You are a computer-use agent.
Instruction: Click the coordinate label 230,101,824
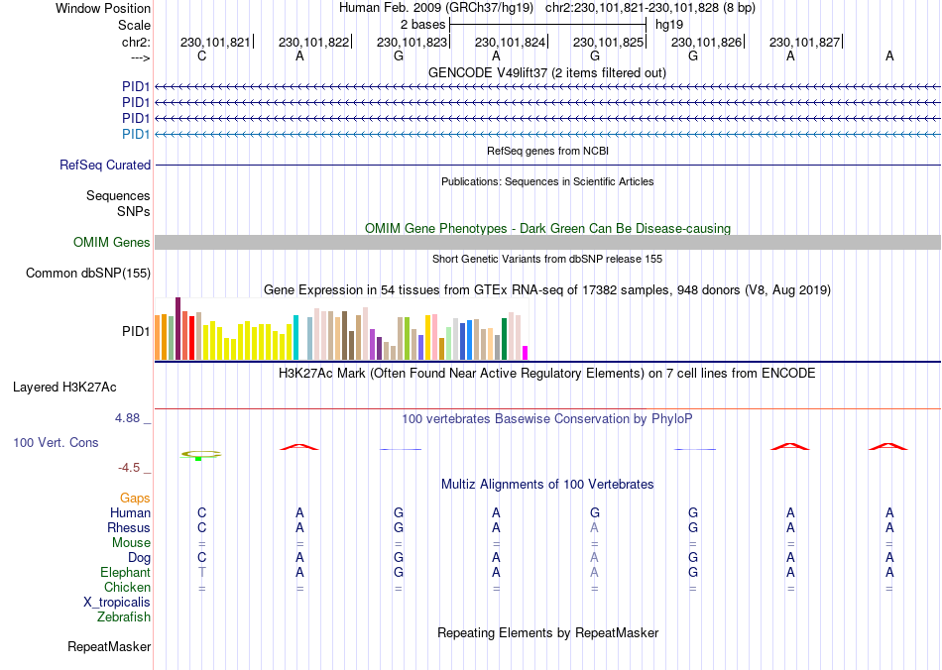pos(511,42)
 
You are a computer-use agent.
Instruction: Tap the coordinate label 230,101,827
pos(804,42)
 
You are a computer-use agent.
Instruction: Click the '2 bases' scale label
pos(422,23)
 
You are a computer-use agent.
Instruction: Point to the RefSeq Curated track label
pos(105,166)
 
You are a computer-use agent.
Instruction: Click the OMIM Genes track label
pos(112,243)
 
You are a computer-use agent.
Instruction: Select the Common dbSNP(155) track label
pos(88,273)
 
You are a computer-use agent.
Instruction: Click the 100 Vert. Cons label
pos(56,442)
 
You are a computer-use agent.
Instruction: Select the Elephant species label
pos(125,573)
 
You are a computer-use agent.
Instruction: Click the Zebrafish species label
pos(124,617)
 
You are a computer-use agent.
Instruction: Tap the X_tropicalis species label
pos(117,603)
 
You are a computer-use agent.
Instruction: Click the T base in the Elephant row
pos(202,573)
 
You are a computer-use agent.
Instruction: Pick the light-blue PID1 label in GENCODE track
pos(136,134)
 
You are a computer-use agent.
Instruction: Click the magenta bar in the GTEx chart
pos(526,352)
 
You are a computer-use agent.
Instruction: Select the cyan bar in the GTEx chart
pos(295,337)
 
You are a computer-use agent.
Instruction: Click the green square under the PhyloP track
pos(198,458)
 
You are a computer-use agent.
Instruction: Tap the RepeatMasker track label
pos(109,647)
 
